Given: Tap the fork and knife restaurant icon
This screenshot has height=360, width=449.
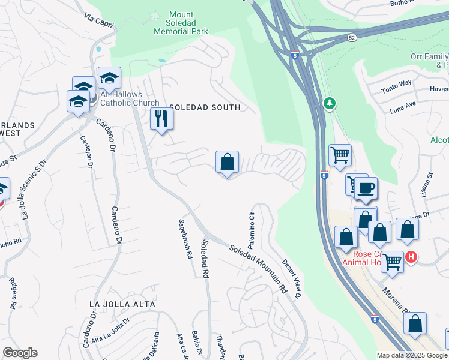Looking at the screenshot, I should (x=161, y=118).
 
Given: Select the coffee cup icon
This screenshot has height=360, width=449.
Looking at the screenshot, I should (x=366, y=188).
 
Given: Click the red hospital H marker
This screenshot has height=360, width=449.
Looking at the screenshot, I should (x=411, y=257).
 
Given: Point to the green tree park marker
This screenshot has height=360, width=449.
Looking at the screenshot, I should (x=329, y=104).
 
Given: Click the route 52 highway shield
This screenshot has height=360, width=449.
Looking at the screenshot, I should (x=352, y=37).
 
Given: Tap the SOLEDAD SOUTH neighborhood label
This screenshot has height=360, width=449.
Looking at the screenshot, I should (x=205, y=107).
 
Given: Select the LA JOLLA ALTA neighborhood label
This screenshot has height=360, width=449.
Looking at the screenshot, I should (x=122, y=304).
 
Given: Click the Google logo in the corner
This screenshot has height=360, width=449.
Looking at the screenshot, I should (x=20, y=353).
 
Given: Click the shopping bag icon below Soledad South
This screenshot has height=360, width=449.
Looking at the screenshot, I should (x=227, y=162).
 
